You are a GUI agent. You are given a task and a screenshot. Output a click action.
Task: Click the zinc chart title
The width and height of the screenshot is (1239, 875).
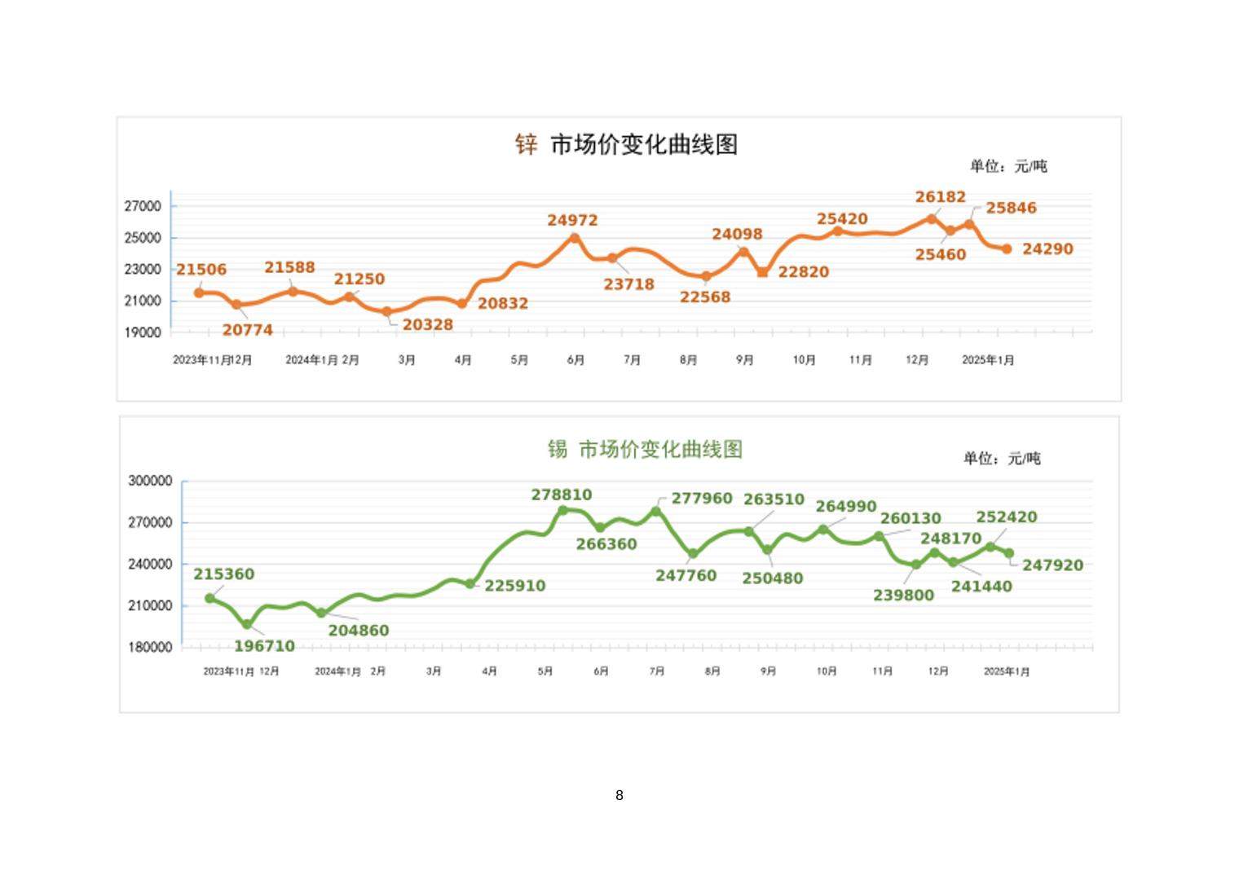tap(626, 145)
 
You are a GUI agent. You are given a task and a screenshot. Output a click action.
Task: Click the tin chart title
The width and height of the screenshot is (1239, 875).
tap(645, 449)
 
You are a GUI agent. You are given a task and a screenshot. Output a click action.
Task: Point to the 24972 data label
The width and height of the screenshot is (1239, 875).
tap(572, 221)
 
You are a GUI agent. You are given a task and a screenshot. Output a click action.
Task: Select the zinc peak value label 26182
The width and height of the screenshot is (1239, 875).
tap(940, 197)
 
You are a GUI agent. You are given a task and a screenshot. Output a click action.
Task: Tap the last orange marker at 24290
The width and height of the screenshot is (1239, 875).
tap(1007, 249)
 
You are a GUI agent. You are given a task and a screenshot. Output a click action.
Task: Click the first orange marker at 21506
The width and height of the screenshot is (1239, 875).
tap(199, 292)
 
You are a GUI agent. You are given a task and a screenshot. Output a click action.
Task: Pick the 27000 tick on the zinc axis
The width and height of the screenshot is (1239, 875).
tap(143, 207)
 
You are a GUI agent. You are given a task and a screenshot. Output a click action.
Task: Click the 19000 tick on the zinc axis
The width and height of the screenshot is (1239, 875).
tap(143, 332)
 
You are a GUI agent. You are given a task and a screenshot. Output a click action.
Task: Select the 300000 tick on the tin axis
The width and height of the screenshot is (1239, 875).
tap(150, 481)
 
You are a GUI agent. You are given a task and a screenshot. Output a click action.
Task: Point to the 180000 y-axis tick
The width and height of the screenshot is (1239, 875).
tap(150, 647)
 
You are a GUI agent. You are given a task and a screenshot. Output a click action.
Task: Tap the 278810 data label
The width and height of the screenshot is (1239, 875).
tap(562, 495)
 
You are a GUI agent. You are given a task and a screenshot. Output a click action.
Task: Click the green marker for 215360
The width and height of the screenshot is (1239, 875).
tap(210, 598)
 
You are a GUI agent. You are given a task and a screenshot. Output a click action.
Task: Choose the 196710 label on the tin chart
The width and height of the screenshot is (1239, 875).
tap(264, 646)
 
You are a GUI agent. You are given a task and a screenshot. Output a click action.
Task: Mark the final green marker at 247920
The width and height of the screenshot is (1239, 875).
tap(1009, 553)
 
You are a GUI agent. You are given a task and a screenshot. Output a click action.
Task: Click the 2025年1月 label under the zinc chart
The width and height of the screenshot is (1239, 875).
tap(988, 360)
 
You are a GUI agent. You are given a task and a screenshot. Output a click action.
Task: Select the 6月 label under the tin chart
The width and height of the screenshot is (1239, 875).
tap(602, 671)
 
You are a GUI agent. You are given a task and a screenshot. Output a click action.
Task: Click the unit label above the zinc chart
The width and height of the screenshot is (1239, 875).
tap(1008, 166)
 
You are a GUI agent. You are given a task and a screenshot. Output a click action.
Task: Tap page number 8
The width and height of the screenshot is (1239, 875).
tap(619, 795)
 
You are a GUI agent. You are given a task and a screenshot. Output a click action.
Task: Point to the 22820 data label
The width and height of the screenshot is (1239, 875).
tap(803, 272)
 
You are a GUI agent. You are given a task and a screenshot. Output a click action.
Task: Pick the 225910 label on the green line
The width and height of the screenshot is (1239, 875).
tap(515, 586)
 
